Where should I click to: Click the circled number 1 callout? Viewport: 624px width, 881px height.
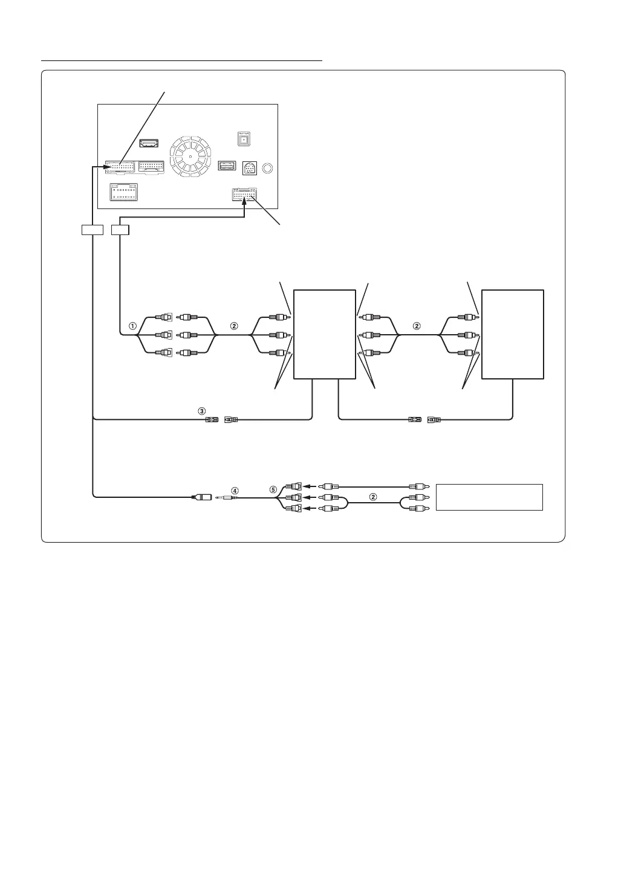(132, 326)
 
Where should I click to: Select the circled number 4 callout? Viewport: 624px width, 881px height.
(235, 491)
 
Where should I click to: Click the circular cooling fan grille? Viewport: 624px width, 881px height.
(190, 156)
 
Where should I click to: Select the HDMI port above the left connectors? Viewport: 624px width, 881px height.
(149, 143)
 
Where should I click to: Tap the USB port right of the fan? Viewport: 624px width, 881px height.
(226, 165)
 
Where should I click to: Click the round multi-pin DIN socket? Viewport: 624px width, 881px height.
(250, 169)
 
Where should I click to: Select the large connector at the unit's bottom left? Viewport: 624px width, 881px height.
(123, 192)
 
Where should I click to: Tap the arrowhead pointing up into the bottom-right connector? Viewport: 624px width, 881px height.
(245, 205)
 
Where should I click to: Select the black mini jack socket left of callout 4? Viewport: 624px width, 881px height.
(201, 498)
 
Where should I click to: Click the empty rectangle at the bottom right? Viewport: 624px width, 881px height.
(489, 497)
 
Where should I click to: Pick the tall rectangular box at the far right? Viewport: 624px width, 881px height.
(513, 334)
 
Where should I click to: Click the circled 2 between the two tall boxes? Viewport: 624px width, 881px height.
(416, 326)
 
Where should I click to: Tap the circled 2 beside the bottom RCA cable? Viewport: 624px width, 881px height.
(373, 497)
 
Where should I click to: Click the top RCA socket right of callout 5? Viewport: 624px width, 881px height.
(293, 485)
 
